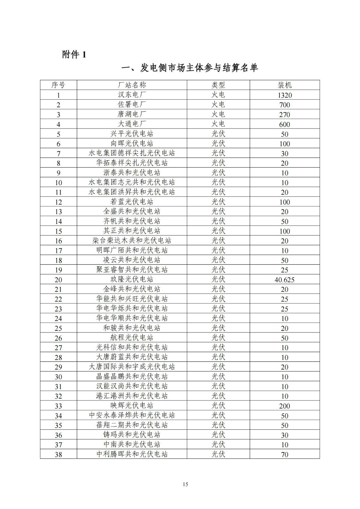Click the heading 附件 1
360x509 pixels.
(x=74, y=55)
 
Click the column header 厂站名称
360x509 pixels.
(x=132, y=85)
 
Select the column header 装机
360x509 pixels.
(x=285, y=85)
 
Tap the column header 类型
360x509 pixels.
(x=218, y=85)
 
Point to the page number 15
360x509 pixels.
(x=186, y=484)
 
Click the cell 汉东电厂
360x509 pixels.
(x=132, y=95)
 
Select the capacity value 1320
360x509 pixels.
(x=285, y=95)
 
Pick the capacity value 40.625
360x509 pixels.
(x=285, y=280)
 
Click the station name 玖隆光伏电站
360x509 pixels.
(x=132, y=279)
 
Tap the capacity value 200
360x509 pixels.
(x=285, y=406)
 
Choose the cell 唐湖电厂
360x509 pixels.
(x=132, y=114)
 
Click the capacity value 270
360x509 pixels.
(x=285, y=115)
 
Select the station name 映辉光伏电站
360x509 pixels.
(x=132, y=406)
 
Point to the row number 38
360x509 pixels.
(x=59, y=455)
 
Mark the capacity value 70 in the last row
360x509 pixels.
(x=285, y=455)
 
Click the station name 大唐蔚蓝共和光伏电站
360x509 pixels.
(x=132, y=357)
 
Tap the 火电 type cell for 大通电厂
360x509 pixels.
(x=218, y=124)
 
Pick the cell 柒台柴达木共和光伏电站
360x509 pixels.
(x=132, y=241)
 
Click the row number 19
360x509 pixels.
(x=59, y=270)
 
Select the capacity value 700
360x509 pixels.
(x=285, y=105)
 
